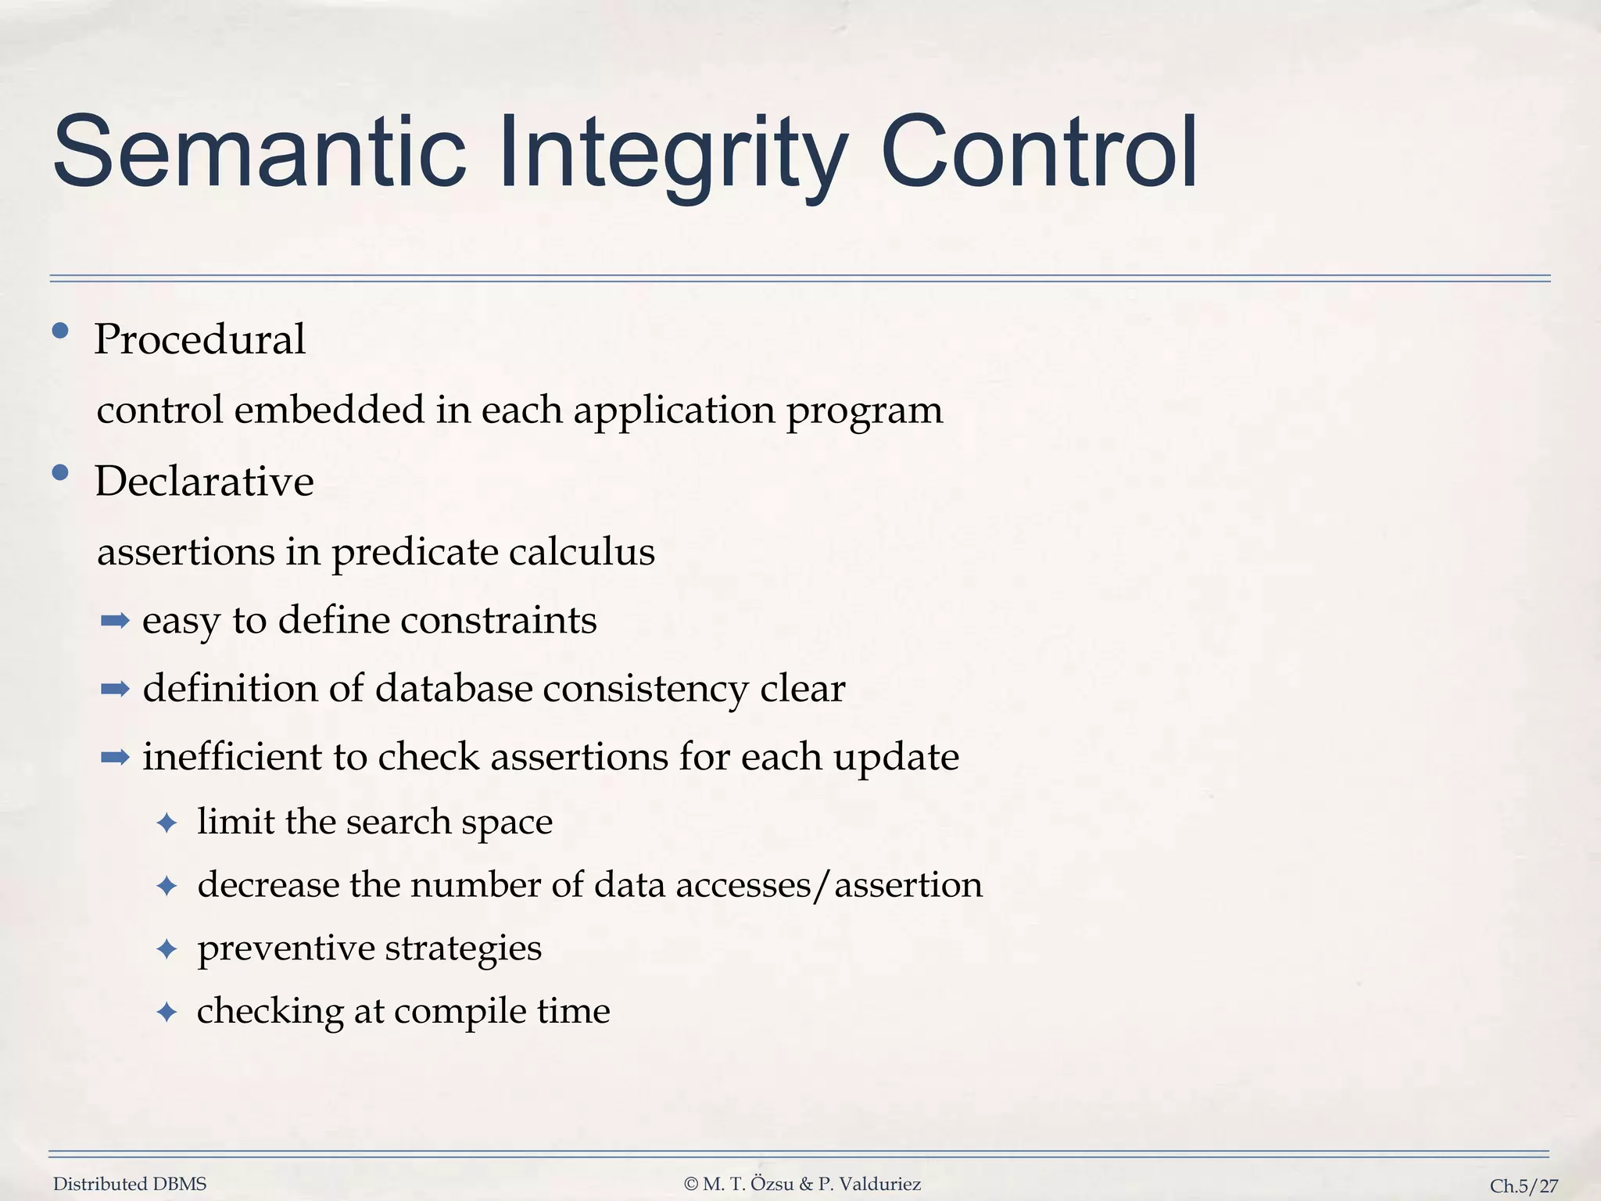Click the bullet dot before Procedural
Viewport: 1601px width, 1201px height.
(x=60, y=331)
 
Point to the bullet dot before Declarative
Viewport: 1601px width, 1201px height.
(x=60, y=472)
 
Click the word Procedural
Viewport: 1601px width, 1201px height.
(x=199, y=339)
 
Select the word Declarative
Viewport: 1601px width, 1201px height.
(x=204, y=481)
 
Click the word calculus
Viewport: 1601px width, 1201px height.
(x=581, y=551)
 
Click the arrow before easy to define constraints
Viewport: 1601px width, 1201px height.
(x=115, y=622)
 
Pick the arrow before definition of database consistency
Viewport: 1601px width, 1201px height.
(x=115, y=689)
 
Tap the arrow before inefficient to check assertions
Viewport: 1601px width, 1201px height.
(x=115, y=757)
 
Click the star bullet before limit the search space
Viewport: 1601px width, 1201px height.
(x=167, y=823)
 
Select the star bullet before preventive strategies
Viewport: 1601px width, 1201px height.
(x=167, y=949)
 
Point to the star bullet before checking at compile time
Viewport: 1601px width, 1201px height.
(x=167, y=1013)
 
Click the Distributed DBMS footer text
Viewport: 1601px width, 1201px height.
(x=130, y=1184)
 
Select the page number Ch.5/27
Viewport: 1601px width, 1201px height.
(x=1524, y=1186)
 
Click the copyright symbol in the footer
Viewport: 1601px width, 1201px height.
(x=690, y=1185)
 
